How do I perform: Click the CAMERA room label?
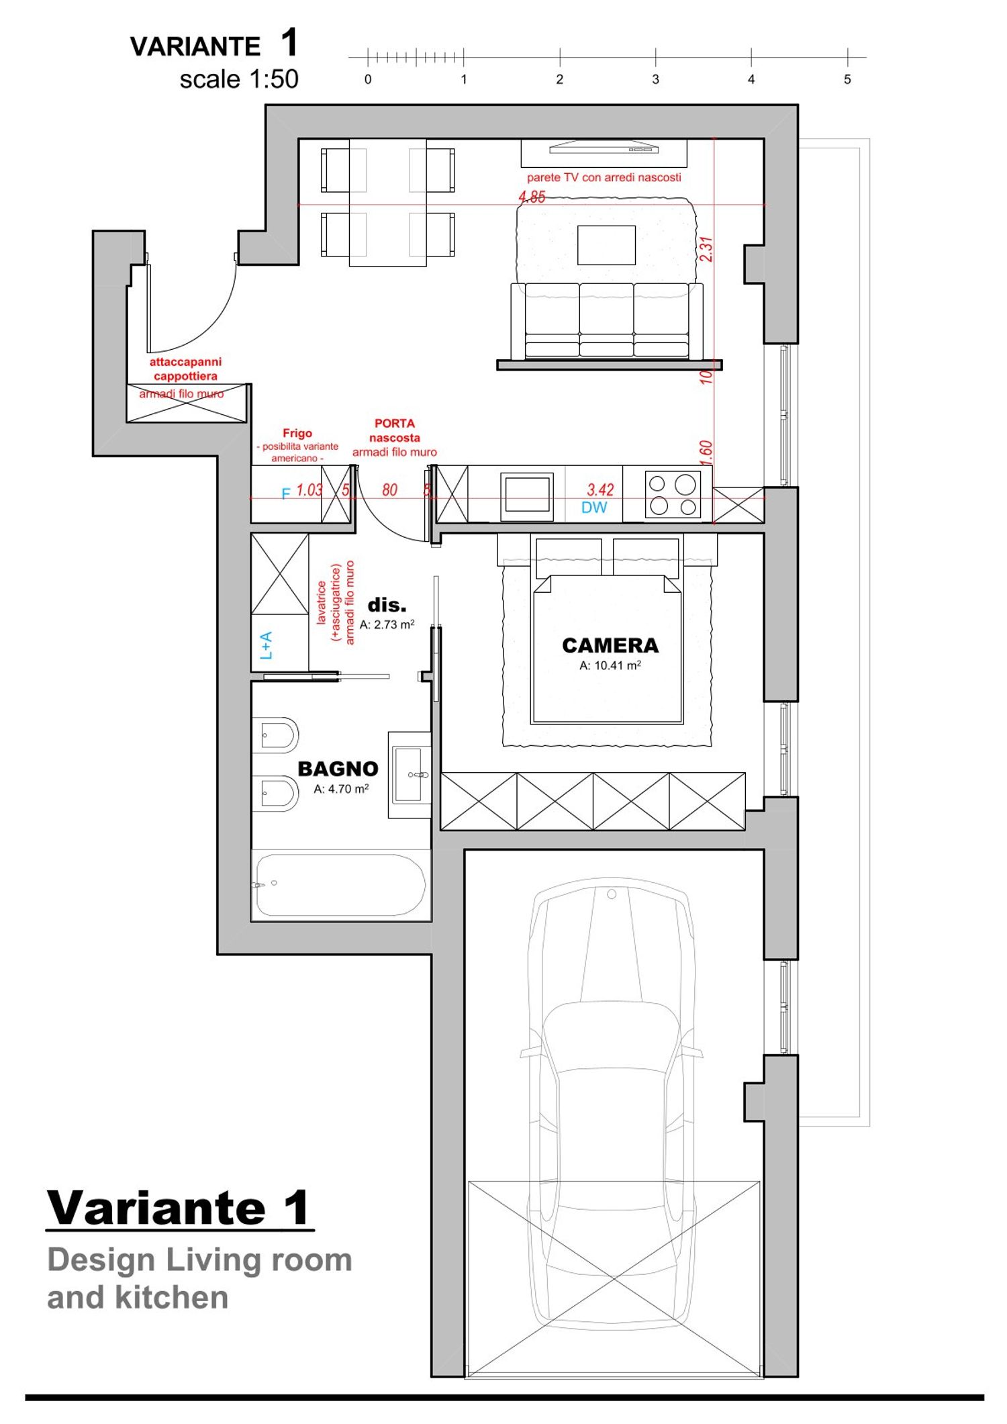[610, 645]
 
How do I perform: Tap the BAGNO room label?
[338, 769]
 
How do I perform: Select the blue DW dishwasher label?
[594, 508]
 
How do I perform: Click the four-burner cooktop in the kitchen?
[673, 494]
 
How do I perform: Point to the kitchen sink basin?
[527, 497]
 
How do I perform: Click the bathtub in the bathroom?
[340, 885]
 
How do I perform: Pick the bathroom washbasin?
[410, 775]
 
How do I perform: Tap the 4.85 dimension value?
[532, 197]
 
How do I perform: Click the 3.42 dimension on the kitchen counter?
[600, 489]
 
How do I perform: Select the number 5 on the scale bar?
[847, 79]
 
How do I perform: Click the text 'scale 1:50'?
[239, 79]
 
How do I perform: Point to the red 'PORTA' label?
[395, 424]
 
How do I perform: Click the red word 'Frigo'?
[297, 433]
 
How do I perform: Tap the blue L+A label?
[267, 645]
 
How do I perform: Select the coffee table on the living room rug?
[606, 245]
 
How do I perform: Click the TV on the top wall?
[604, 147]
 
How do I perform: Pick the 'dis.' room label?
[387, 605]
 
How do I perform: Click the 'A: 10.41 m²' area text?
[610, 665]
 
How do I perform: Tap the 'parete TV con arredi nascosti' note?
[604, 177]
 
